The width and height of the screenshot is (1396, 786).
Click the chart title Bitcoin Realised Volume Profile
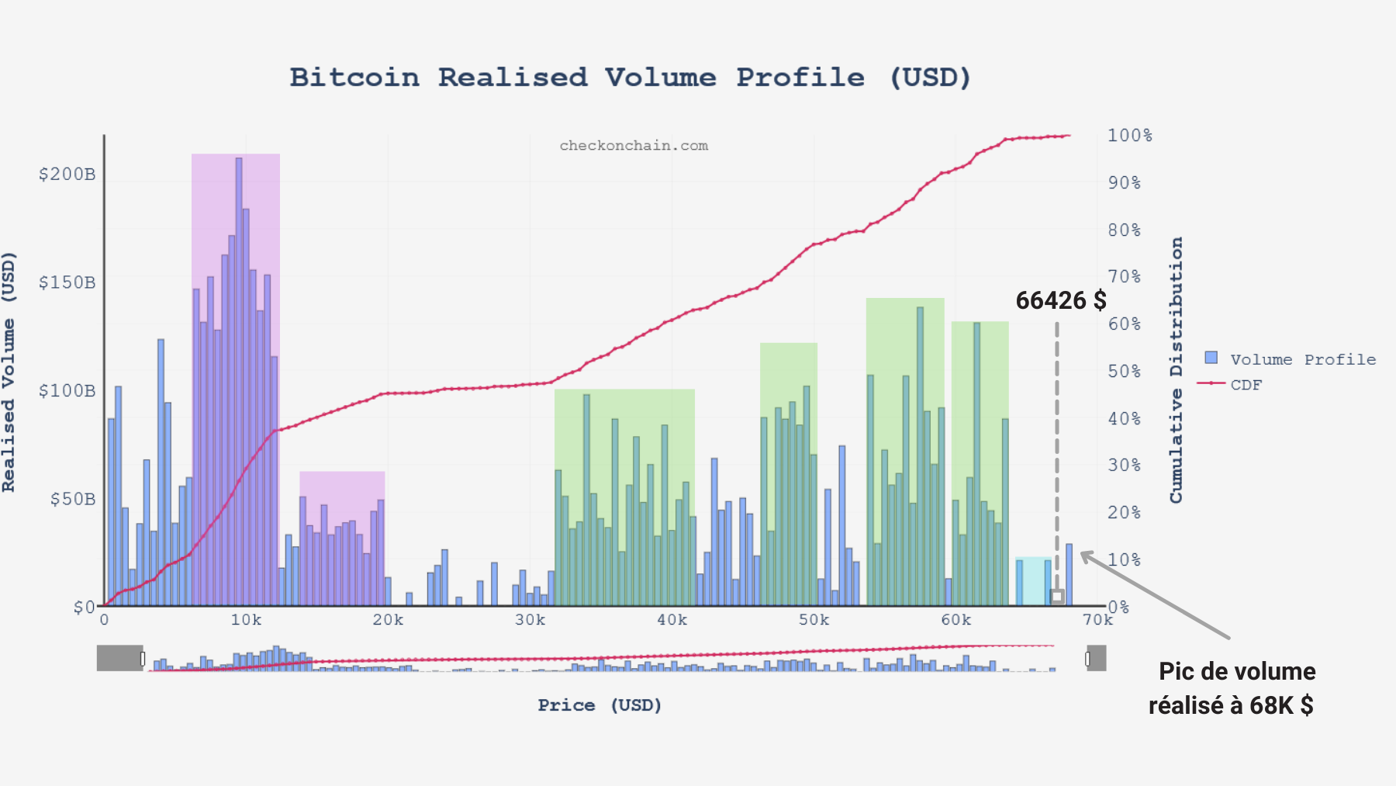[x=630, y=78]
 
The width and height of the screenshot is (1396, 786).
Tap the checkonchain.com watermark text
[x=634, y=146]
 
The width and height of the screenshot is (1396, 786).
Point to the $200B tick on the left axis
[x=67, y=174]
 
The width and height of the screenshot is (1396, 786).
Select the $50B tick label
[x=73, y=499]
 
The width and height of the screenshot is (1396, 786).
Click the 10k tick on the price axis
[x=246, y=620]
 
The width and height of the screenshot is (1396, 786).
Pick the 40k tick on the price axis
[x=672, y=620]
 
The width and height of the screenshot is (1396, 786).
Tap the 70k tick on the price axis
[x=1097, y=620]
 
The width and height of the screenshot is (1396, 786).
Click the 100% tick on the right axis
[x=1129, y=136]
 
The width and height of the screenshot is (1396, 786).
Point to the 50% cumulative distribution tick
[x=1124, y=372]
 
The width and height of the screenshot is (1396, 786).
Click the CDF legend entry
[x=1246, y=385]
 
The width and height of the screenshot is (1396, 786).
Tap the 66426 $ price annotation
[x=1060, y=301]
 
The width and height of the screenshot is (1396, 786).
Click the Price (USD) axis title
[x=600, y=705]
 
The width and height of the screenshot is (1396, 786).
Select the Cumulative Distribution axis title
[x=1177, y=370]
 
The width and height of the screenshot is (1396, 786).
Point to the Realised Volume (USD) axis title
[x=9, y=372]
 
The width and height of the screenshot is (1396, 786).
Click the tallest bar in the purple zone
[x=239, y=380]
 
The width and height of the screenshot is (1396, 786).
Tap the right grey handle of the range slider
[x=1096, y=658]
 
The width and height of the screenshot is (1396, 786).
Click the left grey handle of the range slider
[x=120, y=658]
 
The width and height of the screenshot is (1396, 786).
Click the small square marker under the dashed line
[x=1057, y=596]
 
